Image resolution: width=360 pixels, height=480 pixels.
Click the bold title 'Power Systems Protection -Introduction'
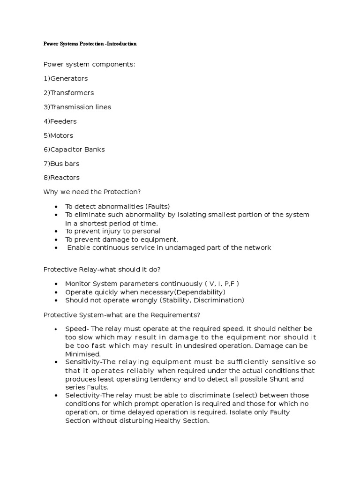pos(90,44)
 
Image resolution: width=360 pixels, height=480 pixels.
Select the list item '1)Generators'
pos(66,78)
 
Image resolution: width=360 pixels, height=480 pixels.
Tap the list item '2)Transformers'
pos(68,93)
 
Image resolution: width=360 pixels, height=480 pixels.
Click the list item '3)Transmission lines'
pos(77,107)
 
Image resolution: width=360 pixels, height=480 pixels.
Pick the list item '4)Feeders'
pos(60,121)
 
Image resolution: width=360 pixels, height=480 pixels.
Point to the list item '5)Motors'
pos(59,135)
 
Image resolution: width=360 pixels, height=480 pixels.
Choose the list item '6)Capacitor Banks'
pos(74,150)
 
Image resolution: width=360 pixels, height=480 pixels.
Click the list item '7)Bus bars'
pos(61,164)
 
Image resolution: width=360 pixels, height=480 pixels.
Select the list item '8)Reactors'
pos(61,178)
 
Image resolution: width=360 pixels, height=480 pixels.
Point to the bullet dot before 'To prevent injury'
pos(56,232)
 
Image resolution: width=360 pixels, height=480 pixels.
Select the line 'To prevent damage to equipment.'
pos(122,239)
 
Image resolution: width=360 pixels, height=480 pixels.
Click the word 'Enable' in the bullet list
pos(78,247)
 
